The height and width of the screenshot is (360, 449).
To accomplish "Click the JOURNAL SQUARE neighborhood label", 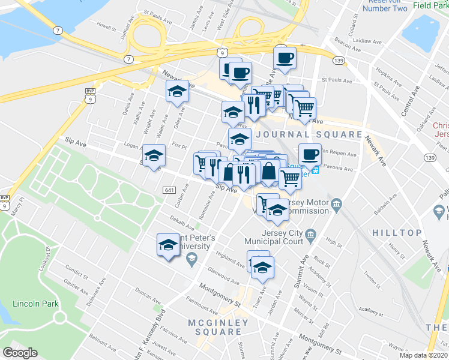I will pyautogui.click(x=310, y=134).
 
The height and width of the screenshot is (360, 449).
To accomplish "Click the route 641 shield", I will pyautogui.click(x=169, y=190).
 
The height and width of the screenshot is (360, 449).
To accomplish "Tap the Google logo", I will pyautogui.click(x=20, y=353).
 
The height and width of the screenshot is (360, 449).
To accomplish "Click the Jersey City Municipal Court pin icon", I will pyautogui.click(x=310, y=234).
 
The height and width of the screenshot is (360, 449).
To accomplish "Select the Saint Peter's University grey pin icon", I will pyautogui.click(x=191, y=259).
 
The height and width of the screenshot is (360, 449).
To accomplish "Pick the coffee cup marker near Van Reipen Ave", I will pyautogui.click(x=310, y=154).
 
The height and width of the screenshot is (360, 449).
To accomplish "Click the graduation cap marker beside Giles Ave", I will pyautogui.click(x=177, y=92).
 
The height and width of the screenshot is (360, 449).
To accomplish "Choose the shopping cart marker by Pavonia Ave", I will pyautogui.click(x=291, y=178).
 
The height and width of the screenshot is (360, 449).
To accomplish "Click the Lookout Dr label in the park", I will pyautogui.click(x=47, y=259).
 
